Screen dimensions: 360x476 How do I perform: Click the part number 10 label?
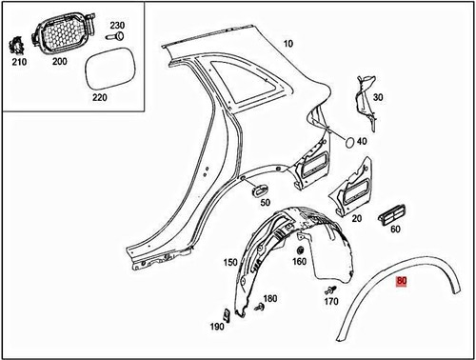(x=289, y=44)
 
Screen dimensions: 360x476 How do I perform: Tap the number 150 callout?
(x=229, y=261)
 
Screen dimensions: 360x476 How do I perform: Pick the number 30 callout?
(x=377, y=97)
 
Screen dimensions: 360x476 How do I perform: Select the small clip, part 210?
(x=16, y=46)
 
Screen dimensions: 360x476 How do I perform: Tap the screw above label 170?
(x=332, y=287)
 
